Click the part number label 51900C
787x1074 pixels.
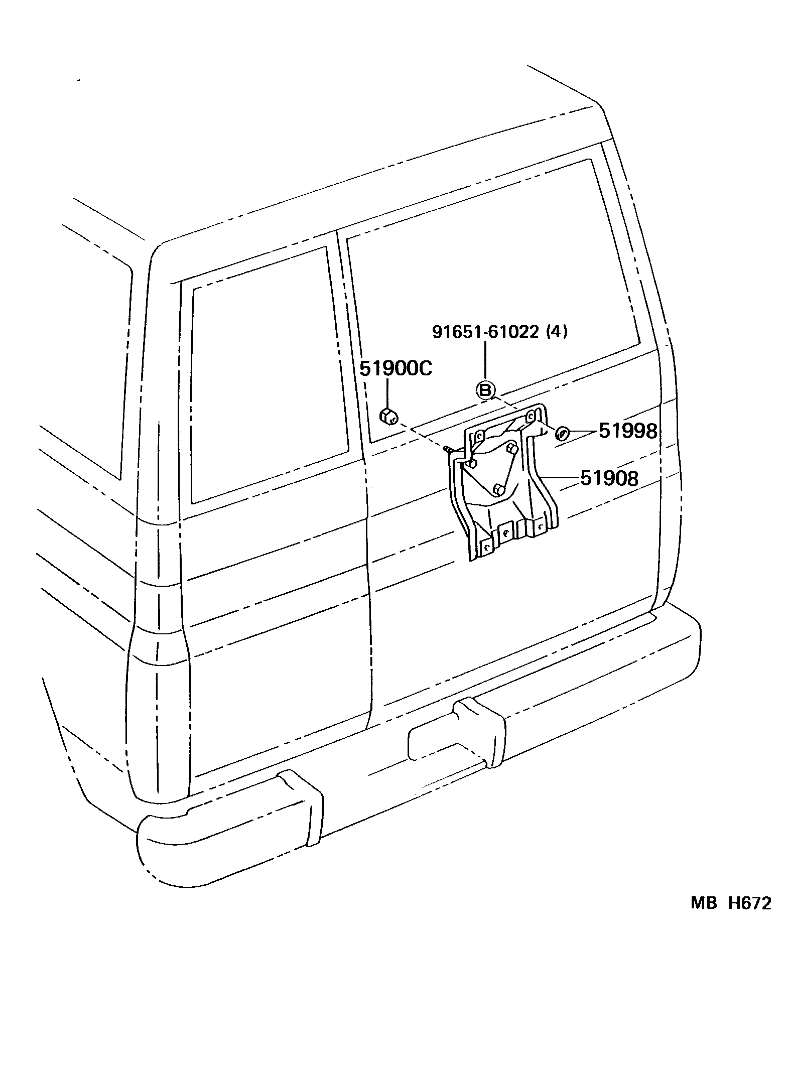click(396, 369)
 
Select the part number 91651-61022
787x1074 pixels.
click(485, 332)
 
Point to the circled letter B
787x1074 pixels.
click(485, 390)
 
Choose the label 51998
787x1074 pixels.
click(627, 431)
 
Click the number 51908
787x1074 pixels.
click(609, 478)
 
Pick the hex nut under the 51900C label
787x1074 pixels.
click(388, 416)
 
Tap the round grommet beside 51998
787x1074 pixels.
click(562, 432)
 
